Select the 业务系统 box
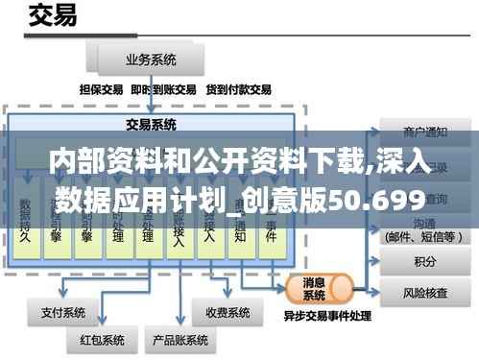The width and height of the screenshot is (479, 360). pyautogui.click(x=151, y=60)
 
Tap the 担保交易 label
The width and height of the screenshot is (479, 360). pyautogui.click(x=102, y=89)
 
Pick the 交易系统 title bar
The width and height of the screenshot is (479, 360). pyautogui.click(x=151, y=124)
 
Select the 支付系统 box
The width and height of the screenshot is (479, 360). pyautogui.click(x=62, y=312)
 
